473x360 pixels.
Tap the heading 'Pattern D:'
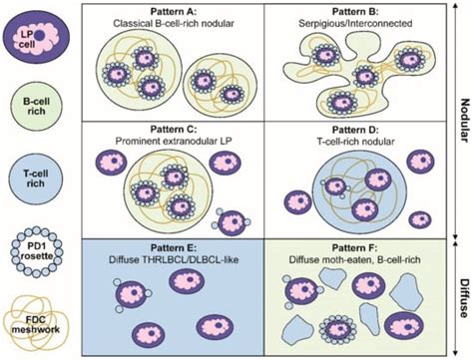[x=348, y=126]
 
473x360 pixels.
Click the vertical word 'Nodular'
[x=463, y=118]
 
